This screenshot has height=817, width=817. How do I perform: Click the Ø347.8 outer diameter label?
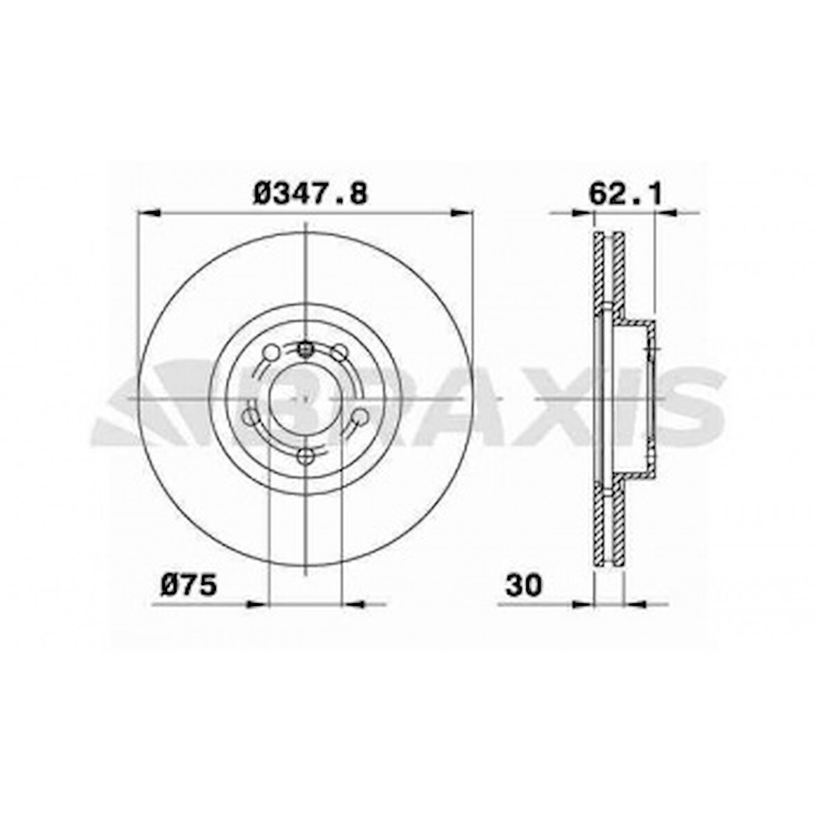309,193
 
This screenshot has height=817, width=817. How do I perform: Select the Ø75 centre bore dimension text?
189,585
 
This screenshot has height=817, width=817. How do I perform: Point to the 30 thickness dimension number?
524,585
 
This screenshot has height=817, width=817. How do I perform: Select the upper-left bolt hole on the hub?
271,353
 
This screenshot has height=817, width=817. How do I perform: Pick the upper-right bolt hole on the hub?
339,353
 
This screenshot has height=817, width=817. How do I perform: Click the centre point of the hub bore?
305,401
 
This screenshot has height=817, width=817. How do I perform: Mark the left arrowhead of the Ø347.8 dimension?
149,214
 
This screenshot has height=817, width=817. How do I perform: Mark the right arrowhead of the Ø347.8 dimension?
463,214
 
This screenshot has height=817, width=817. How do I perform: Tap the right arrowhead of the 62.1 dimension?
665,214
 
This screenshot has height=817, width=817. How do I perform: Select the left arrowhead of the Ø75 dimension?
257,604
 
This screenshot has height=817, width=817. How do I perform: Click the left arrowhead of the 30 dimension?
584,604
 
